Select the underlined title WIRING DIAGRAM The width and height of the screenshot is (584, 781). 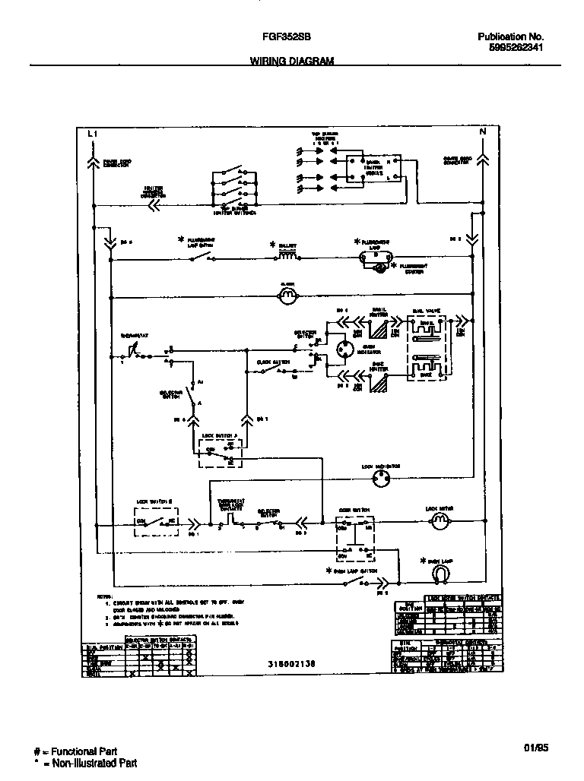click(292, 62)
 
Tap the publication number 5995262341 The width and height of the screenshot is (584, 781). click(510, 47)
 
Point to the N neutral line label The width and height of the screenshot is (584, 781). click(482, 132)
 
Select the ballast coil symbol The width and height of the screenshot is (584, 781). click(287, 258)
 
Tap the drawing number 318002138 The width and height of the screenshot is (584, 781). click(292, 663)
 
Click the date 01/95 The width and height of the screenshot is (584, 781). click(535, 748)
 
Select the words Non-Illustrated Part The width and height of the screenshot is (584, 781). click(95, 763)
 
